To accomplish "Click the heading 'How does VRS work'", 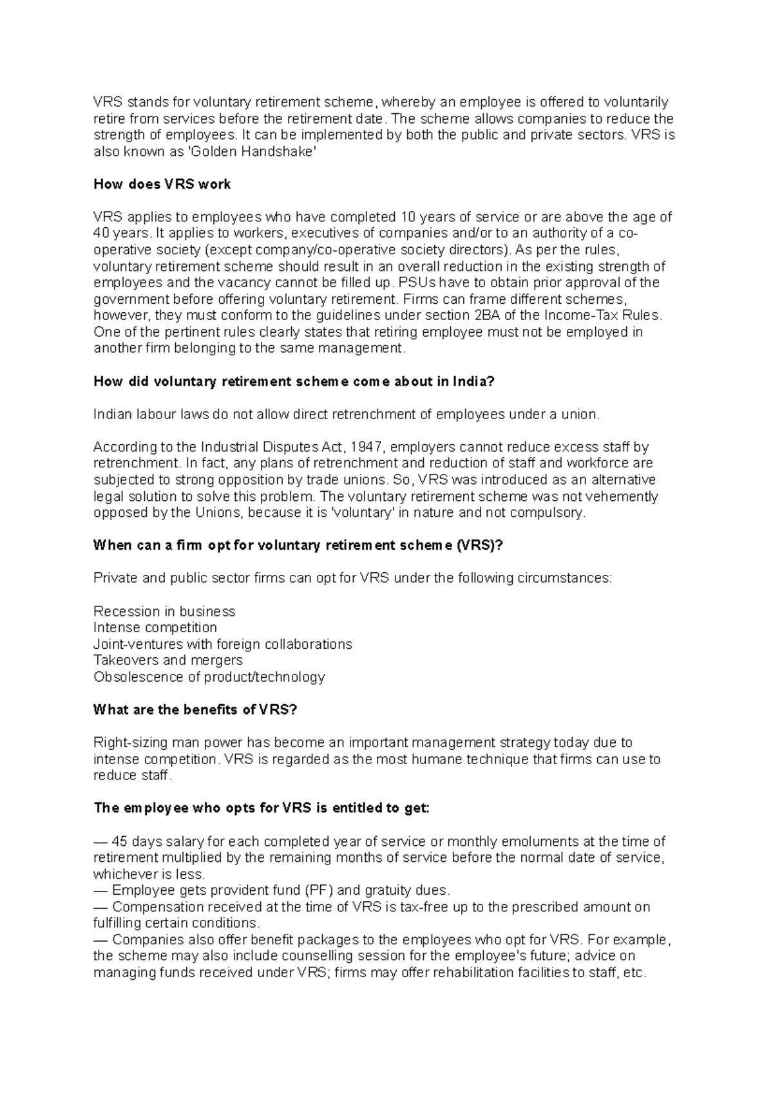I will tap(162, 184).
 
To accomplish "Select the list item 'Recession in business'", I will tap(164, 611).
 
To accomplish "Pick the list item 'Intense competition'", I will tap(155, 627).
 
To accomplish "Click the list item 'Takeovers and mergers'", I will tap(167, 660).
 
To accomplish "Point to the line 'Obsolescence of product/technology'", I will tap(209, 677).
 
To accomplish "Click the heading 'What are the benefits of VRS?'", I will tap(195, 710).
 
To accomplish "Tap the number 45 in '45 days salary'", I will tap(120, 841).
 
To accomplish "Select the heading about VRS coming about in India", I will tap(294, 381).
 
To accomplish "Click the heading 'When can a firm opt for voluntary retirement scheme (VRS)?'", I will tap(297, 545).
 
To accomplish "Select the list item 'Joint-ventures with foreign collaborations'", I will tap(222, 644).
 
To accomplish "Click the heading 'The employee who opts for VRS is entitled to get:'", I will tap(261, 808).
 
